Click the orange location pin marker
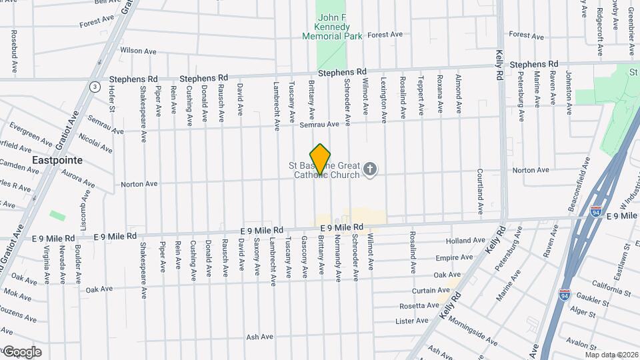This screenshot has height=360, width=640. [x=321, y=159]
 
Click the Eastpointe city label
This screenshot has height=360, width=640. [x=57, y=161]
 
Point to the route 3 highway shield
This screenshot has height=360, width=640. [x=95, y=87]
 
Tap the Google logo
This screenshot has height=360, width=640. [x=22, y=352]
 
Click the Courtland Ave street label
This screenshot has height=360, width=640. [x=479, y=191]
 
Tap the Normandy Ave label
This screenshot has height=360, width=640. [x=338, y=255]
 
